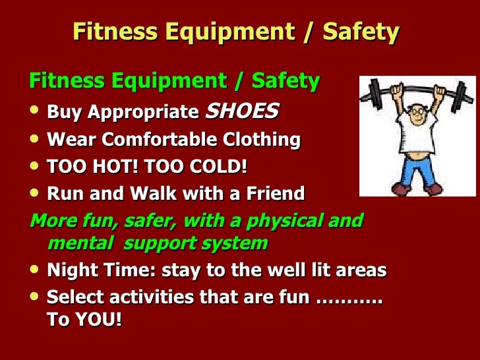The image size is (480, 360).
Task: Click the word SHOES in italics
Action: click(x=242, y=111)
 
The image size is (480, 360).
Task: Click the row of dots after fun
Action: click(x=349, y=298)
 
